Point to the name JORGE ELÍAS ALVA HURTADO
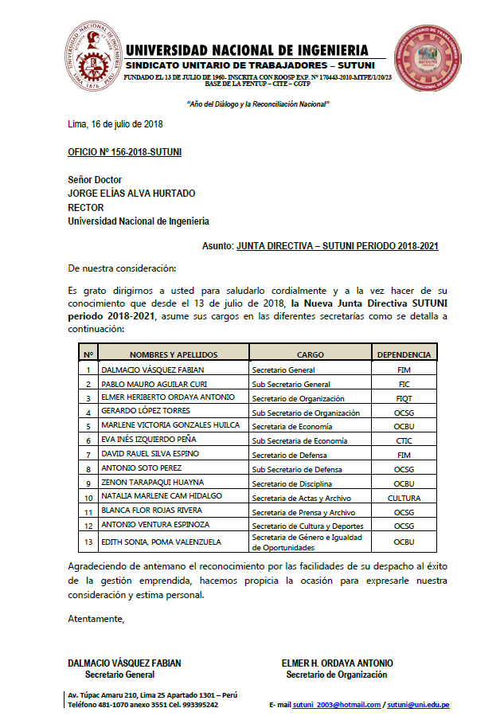click(131, 194)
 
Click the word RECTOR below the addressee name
click(86, 207)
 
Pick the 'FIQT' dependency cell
click(404, 398)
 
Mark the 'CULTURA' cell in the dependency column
click(404, 498)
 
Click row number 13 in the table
click(88, 542)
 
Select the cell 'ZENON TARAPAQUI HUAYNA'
click(153, 483)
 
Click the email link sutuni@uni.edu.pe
click(418, 705)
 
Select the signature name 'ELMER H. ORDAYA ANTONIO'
click(337, 663)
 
